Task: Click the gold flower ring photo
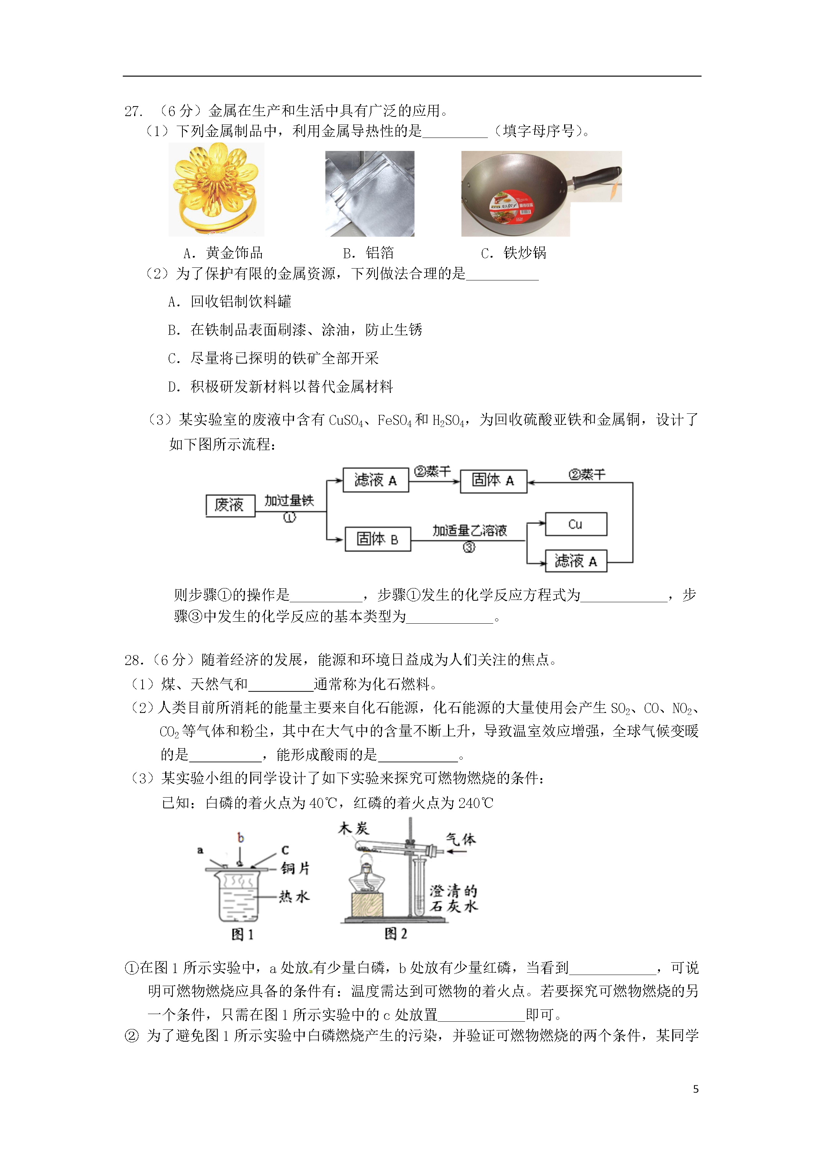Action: (216, 189)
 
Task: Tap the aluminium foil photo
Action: (369, 193)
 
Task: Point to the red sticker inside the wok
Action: (511, 206)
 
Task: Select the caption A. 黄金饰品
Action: (223, 253)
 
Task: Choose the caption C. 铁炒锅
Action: (514, 253)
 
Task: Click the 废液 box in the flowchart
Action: (230, 505)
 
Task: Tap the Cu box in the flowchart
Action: (576, 524)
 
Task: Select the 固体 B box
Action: (377, 539)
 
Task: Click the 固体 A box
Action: (493, 480)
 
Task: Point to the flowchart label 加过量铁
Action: (289, 501)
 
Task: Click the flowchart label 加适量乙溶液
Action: (469, 531)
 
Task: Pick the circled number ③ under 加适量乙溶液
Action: (469, 547)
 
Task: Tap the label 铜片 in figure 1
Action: (295, 868)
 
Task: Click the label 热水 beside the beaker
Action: (294, 896)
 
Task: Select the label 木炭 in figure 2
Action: (353, 829)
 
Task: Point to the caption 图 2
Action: (396, 934)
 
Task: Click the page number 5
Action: (696, 1090)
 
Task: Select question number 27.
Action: (133, 111)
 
